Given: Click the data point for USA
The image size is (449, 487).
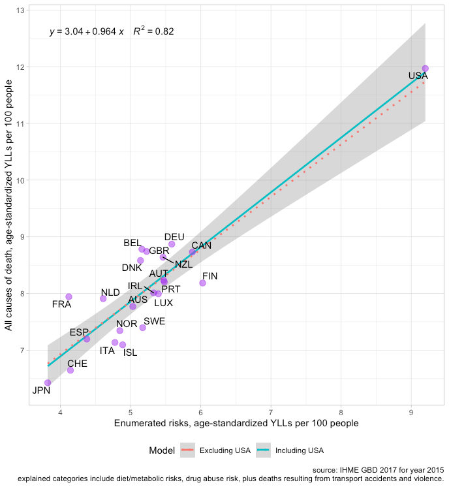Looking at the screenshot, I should coord(425,69).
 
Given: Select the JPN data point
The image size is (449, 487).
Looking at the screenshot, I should coord(48,383).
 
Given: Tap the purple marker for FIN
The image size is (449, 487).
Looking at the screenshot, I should coord(202,283).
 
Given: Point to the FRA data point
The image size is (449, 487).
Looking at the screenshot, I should coord(69,296).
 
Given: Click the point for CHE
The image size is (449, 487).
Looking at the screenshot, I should coord(70,370).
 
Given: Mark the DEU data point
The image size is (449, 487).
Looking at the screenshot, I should coord(172,244).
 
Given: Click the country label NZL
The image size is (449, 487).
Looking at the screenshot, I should coord(183,264).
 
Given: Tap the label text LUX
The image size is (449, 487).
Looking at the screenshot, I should coord(163,303).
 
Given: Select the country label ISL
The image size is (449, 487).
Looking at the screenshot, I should coord(130,353).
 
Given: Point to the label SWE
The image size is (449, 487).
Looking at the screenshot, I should coord(154,321).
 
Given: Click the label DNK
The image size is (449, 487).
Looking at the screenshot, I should coord(132,268).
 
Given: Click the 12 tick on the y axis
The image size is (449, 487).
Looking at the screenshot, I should coord(22,67).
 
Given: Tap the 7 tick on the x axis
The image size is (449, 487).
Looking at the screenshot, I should coord(271,413).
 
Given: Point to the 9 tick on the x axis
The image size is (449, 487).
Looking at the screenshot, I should coord(411,413).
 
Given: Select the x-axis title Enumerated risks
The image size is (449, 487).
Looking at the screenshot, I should coord(236,424).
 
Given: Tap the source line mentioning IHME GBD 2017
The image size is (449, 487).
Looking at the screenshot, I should coord(379,469).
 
